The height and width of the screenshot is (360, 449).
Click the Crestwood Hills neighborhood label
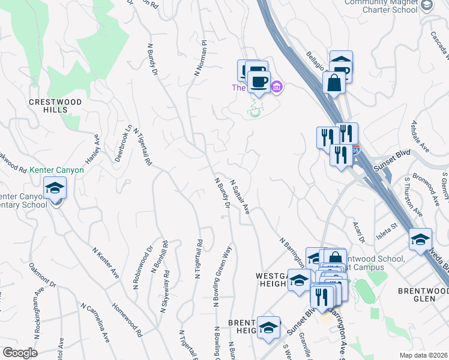(55, 106)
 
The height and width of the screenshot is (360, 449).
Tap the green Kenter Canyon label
(57, 170)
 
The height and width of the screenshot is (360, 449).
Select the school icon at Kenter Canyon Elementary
(55, 189)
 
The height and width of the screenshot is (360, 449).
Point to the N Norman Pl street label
(200, 58)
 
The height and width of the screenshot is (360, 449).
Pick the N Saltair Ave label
(239, 199)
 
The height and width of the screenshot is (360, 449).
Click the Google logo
(20, 352)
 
